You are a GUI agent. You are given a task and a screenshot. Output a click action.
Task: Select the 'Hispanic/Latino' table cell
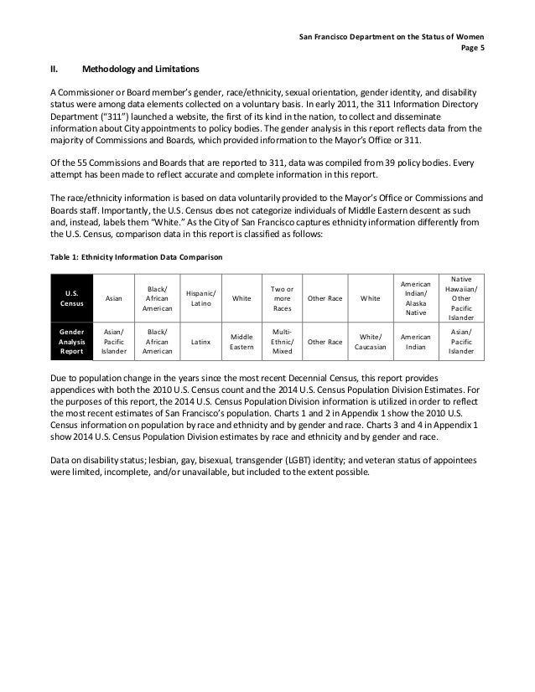click(x=201, y=297)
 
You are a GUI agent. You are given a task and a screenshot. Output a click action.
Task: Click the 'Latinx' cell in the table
click(x=201, y=342)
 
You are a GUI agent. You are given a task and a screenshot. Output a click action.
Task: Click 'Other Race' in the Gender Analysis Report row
click(x=323, y=342)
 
